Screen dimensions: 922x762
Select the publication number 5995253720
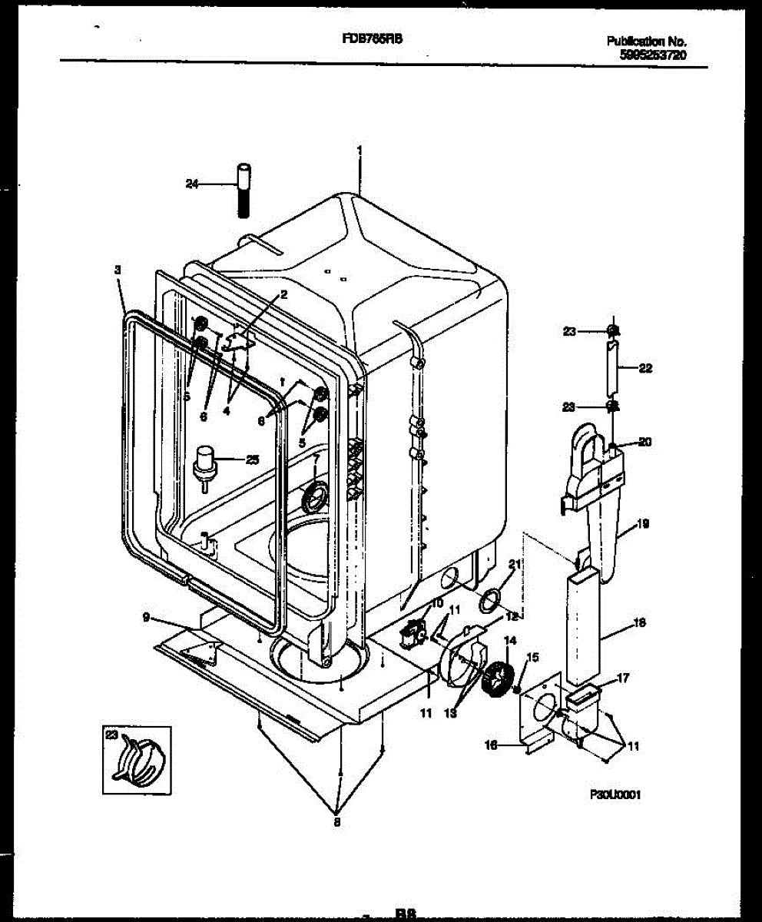[652, 55]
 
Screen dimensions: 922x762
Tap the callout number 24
[192, 184]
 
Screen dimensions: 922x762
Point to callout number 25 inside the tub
[251, 459]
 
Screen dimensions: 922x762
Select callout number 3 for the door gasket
[118, 270]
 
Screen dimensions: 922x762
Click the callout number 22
[645, 368]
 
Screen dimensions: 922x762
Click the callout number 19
[643, 524]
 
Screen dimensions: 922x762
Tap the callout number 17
[623, 678]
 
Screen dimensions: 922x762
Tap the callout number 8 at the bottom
[336, 822]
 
